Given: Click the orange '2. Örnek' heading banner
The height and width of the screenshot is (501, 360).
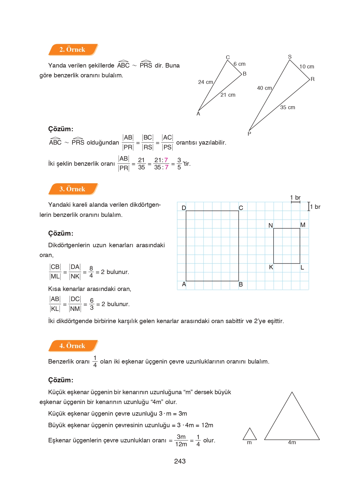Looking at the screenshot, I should tap(73, 50).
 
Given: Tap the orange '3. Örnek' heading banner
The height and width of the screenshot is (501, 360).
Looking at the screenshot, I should tap(73, 189).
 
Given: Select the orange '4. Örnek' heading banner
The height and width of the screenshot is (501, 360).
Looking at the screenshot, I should tap(73, 346).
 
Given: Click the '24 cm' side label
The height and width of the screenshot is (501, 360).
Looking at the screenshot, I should tap(205, 82).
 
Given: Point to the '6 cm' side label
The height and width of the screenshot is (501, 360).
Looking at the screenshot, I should tap(239, 64).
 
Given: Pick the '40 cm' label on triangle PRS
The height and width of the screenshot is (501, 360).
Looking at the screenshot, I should tap(264, 88).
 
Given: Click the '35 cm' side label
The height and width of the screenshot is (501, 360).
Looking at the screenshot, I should tap(287, 107).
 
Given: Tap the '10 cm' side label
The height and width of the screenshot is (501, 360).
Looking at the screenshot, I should tap(306, 67).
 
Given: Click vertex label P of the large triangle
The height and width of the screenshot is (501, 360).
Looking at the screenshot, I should tap(249, 134).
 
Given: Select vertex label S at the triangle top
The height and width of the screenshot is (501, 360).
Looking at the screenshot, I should tap(290, 57).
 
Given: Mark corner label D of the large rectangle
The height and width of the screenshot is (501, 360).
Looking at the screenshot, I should tap(184, 208).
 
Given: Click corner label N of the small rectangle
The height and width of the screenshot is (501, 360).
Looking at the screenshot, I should tap(271, 226).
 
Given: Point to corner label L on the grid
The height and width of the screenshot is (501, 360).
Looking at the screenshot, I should tap(302, 267).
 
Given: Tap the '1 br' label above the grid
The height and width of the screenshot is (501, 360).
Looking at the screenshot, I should tap(295, 198).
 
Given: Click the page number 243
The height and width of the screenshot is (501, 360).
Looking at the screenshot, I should tap(180, 461).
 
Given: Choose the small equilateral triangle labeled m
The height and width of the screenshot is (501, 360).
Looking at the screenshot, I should tap(249, 435).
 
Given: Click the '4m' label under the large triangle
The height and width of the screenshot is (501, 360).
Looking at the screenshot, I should tap(292, 442).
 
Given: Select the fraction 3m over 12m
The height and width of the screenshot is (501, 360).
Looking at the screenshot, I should tap(181, 440).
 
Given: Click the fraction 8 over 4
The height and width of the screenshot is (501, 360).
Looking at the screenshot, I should tap(91, 272).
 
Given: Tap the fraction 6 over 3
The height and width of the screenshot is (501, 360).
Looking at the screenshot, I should tap(92, 304).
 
